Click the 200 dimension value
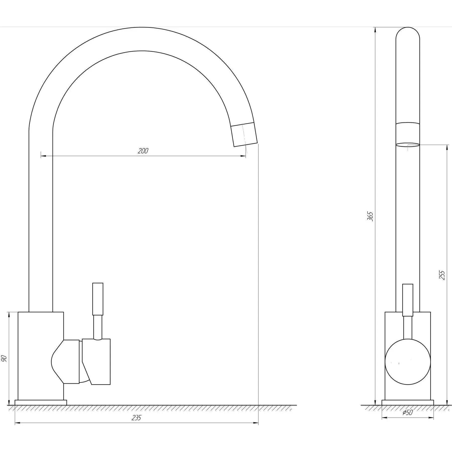point(143,151)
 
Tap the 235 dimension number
point(137,418)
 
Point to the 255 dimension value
point(442,275)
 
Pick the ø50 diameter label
point(408,412)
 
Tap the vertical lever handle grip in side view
point(98,299)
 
